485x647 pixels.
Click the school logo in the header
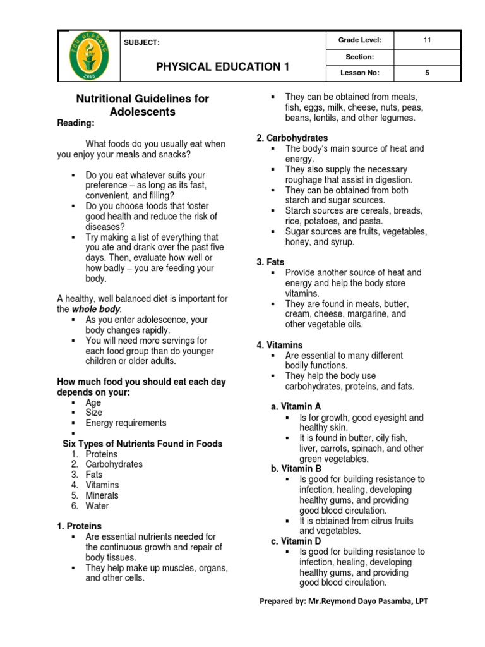coord(88,56)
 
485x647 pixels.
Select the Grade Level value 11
coord(427,40)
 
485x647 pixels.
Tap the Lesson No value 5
coord(427,73)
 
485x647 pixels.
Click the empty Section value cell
coord(427,57)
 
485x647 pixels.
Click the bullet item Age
coord(93,402)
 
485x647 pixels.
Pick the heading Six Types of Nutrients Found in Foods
coord(142,444)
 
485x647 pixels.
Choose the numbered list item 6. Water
coord(90,505)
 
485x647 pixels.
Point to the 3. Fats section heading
coord(270,262)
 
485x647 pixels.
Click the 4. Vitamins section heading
coord(279,345)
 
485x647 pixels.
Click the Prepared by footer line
coord(344,601)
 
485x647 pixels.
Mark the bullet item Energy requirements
coord(126,423)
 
